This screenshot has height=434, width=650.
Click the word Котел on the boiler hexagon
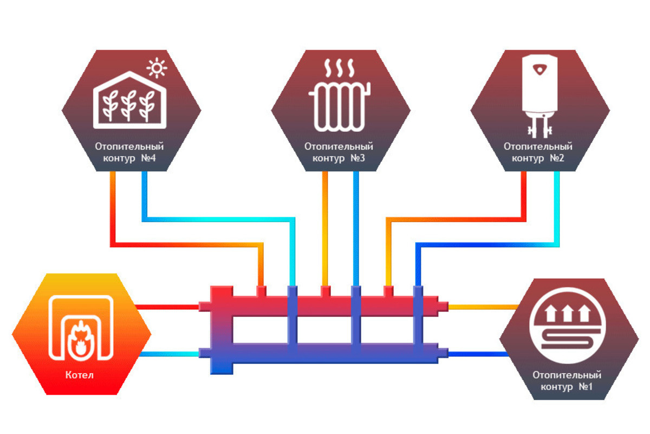click(79, 375)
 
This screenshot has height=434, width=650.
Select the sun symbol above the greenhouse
click(157, 68)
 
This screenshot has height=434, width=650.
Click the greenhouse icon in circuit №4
click(129, 100)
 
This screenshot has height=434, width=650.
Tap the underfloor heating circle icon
click(567, 325)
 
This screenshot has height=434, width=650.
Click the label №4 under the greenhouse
click(148, 158)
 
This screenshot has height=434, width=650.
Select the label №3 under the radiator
click(358, 158)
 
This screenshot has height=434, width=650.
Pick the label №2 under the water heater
click(557, 158)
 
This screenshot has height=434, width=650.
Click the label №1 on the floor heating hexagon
click(586, 387)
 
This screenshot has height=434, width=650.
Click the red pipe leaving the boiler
click(167, 307)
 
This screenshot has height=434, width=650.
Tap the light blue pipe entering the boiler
click(169, 354)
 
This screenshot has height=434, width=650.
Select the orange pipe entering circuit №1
click(483, 307)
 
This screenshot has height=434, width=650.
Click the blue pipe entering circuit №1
click(479, 354)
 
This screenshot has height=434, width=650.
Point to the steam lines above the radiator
click(339, 68)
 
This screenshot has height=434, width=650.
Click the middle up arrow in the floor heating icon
click(568, 313)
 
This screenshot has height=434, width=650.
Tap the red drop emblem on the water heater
click(539, 70)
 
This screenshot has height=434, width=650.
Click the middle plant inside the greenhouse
click(128, 105)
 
